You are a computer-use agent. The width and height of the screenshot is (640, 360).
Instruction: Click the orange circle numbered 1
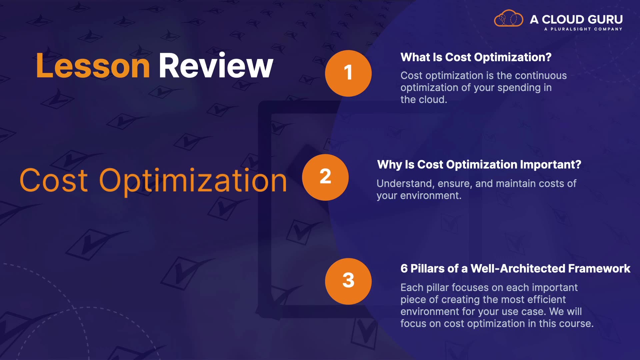click(x=348, y=73)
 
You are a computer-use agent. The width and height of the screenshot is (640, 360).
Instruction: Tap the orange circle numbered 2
click(x=325, y=177)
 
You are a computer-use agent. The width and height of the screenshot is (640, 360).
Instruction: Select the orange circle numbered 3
click(x=348, y=281)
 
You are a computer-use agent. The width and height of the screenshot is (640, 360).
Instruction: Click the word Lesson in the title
click(x=93, y=66)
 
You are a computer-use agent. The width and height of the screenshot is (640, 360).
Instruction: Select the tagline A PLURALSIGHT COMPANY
click(x=583, y=29)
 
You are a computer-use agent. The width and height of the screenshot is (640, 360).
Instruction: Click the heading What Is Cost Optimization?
click(x=476, y=57)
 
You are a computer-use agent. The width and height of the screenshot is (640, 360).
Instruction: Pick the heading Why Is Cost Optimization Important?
click(x=479, y=165)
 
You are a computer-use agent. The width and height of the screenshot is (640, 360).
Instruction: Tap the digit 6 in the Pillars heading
click(x=404, y=269)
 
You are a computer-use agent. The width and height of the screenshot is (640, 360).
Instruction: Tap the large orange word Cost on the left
click(x=54, y=180)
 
